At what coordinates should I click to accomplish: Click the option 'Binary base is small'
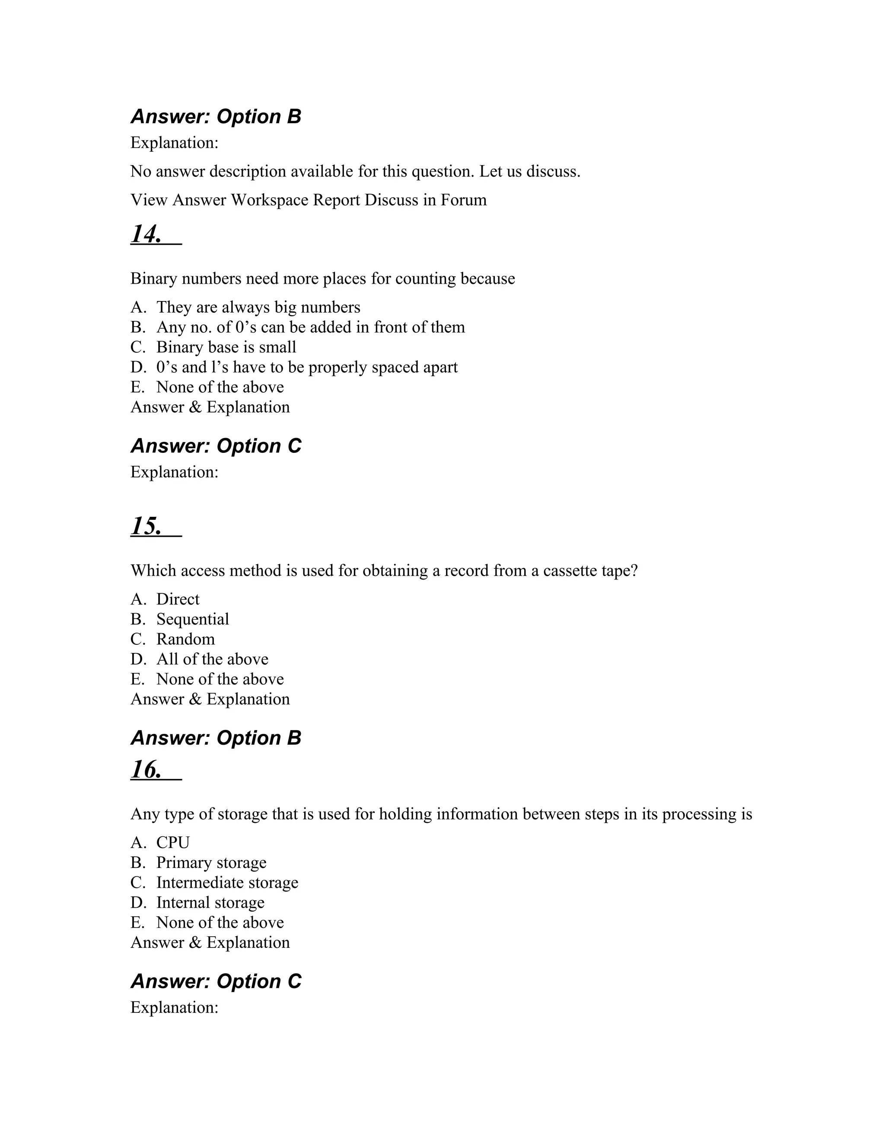click(x=226, y=347)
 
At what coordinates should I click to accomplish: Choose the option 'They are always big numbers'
click(x=258, y=307)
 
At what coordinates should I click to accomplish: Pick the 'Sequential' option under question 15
click(x=192, y=619)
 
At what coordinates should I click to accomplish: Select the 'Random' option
click(x=185, y=639)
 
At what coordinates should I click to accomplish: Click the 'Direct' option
click(x=178, y=599)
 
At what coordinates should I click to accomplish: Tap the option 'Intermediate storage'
click(x=227, y=883)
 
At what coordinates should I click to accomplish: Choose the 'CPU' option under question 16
click(x=172, y=843)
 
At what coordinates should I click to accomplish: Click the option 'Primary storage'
click(x=211, y=863)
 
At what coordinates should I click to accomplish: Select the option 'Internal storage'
click(x=210, y=903)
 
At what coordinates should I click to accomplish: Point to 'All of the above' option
click(x=212, y=659)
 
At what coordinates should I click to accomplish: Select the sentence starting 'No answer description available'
click(x=355, y=172)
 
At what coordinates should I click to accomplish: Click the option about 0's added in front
click(x=310, y=327)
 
